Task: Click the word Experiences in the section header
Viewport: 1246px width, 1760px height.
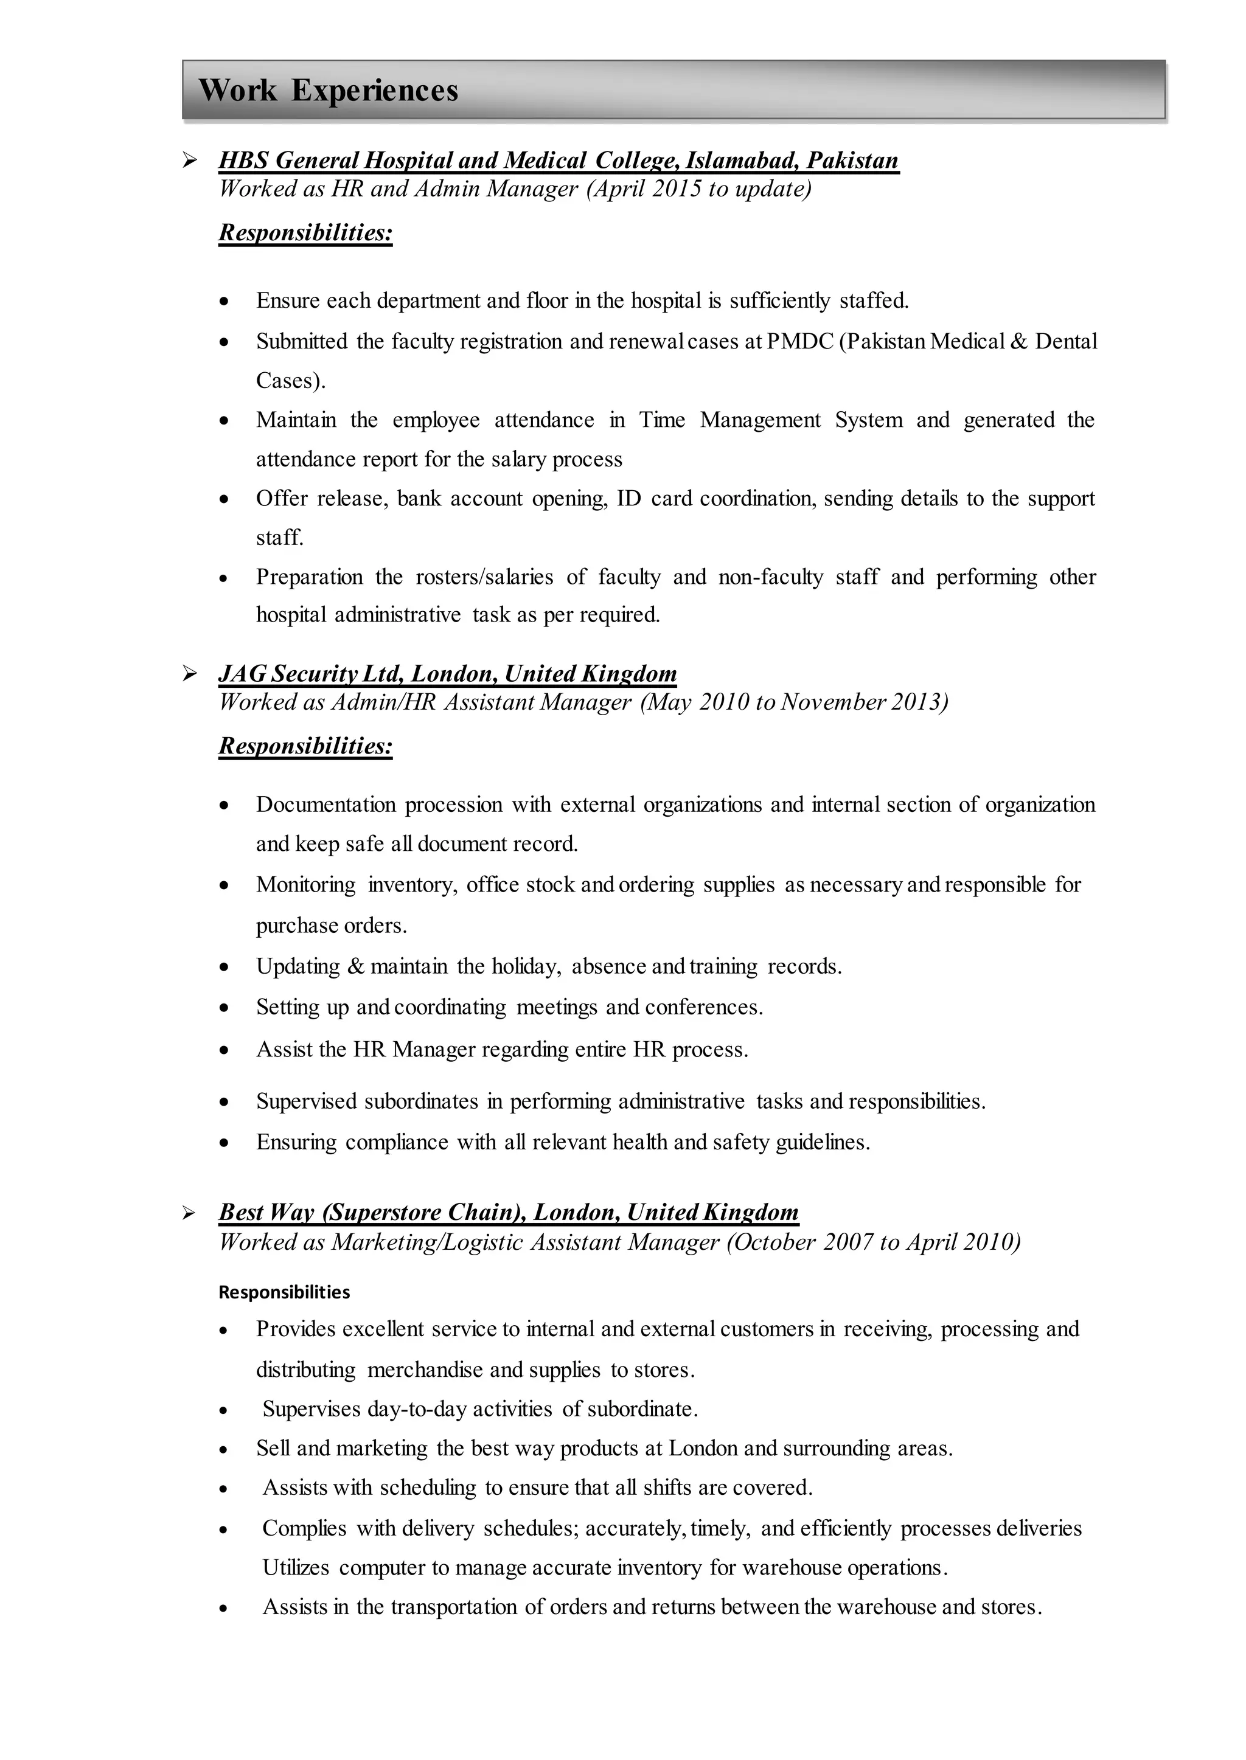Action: (x=374, y=91)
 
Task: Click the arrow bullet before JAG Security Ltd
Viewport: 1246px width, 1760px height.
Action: (x=189, y=674)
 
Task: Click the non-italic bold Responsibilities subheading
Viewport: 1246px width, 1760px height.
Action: (x=284, y=1292)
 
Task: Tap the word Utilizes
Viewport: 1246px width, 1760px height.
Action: (x=296, y=1567)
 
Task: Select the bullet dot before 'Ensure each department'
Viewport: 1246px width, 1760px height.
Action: (x=223, y=302)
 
